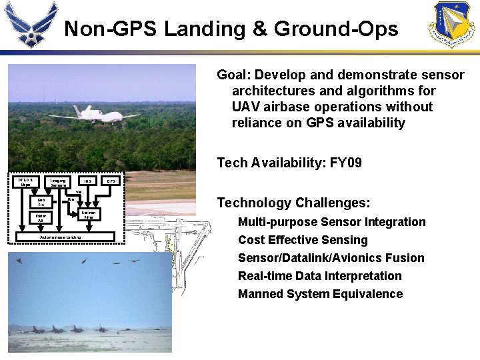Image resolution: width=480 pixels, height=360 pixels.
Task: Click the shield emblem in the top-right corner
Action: (451, 25)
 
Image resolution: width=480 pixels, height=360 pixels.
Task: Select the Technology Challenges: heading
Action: (293, 203)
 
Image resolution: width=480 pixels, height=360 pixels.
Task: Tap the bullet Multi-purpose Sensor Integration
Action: (331, 222)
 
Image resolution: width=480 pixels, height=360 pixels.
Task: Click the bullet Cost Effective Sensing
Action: (303, 240)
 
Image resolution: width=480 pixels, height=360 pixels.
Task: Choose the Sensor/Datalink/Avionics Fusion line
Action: (331, 258)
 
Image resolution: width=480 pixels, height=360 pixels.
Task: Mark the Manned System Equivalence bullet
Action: (320, 294)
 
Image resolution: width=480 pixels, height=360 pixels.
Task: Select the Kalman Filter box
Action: (88, 215)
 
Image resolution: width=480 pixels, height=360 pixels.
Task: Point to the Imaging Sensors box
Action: (58, 182)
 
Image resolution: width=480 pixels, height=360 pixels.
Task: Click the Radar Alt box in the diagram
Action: (41, 217)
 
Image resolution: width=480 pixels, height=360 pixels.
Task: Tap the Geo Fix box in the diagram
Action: (41, 201)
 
